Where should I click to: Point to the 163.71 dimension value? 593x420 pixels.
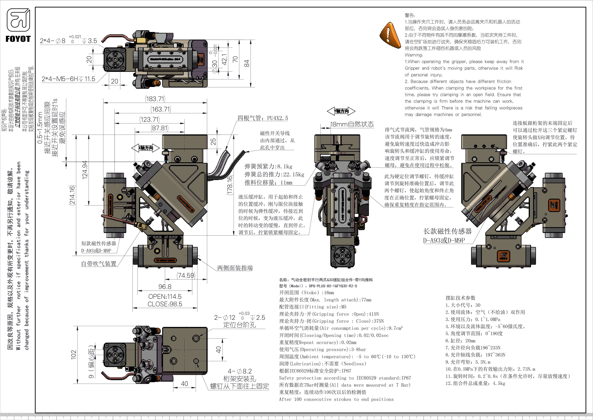click(161, 109)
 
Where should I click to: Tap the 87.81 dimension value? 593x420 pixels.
click(160, 128)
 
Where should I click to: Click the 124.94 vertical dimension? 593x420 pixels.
click(85, 170)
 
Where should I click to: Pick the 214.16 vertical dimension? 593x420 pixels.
click(72, 195)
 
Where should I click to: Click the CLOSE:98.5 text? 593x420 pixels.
click(165, 304)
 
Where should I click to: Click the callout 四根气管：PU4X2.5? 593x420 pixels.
click(263, 118)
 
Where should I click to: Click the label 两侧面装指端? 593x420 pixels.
click(235, 268)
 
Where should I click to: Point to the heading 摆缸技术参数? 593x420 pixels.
click(460, 298)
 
